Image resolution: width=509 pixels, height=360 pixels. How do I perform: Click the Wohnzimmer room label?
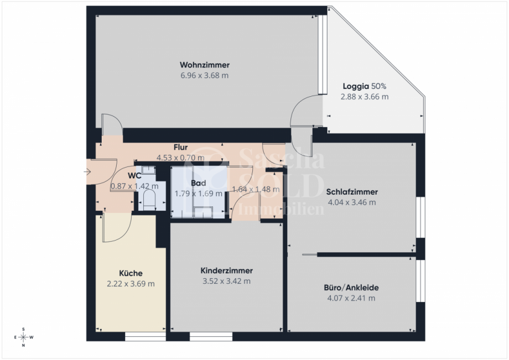click(x=204, y=65)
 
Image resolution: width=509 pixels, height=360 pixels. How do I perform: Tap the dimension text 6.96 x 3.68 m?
click(x=204, y=75)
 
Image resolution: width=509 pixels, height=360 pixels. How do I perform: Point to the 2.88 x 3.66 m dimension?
click(x=364, y=96)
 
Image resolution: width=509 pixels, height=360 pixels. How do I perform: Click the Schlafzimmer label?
click(x=352, y=192)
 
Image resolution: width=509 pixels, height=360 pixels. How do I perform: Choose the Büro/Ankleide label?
click(x=351, y=288)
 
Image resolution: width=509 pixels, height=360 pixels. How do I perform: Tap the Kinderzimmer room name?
click(x=226, y=271)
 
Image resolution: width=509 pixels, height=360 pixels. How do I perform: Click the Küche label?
click(x=131, y=273)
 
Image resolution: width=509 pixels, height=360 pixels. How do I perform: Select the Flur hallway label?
click(x=180, y=148)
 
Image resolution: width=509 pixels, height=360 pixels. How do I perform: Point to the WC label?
click(x=134, y=176)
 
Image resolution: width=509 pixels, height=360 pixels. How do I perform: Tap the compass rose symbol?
click(x=23, y=337)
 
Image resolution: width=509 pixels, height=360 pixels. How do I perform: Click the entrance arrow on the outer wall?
click(x=87, y=172)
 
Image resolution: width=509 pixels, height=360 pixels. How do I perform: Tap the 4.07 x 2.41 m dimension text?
click(x=351, y=298)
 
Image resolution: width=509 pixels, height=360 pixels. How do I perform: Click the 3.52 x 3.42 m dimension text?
click(x=226, y=281)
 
